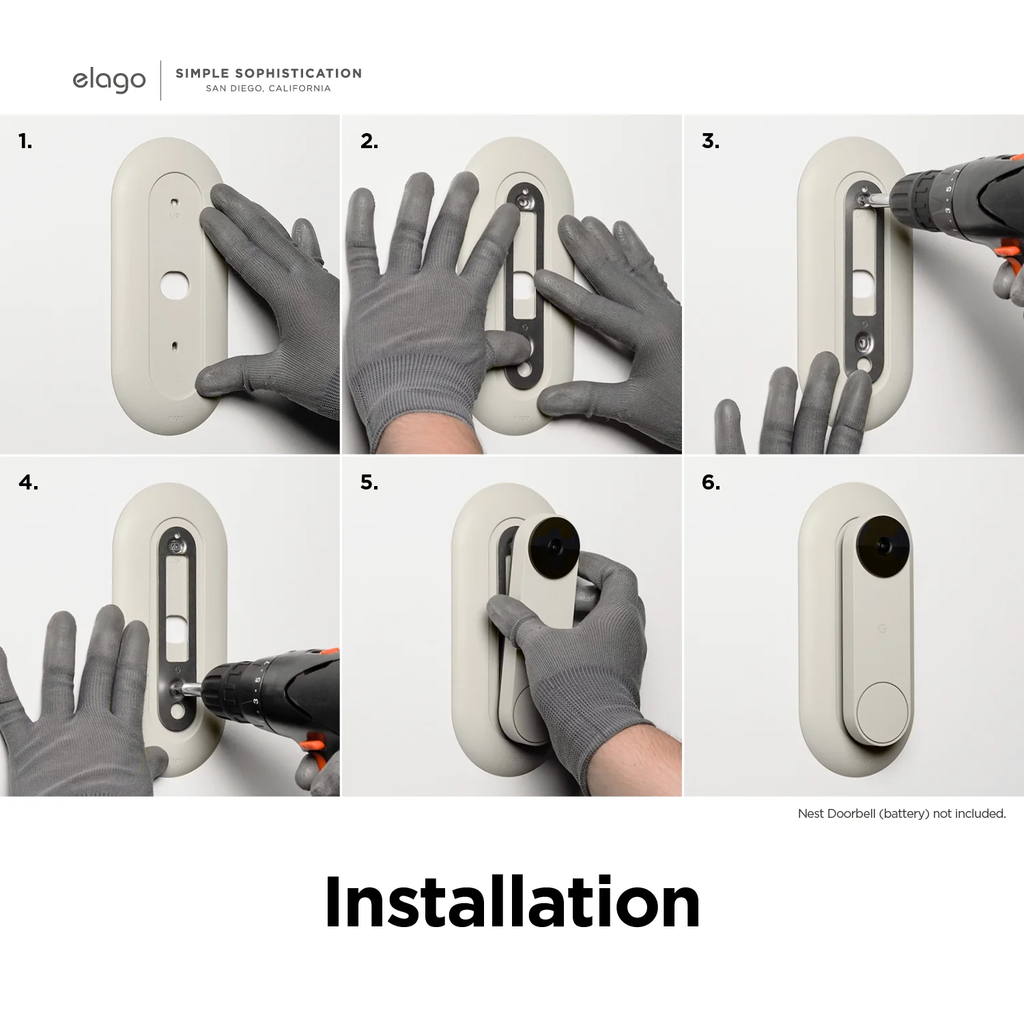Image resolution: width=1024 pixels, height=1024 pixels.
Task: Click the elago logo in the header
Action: [x=109, y=80]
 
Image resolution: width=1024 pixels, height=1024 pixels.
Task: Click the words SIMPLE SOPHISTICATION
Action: [x=268, y=73]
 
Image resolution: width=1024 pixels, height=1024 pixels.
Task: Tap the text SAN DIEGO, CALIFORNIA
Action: [x=268, y=89]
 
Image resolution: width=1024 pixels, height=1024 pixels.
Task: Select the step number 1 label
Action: [x=25, y=141]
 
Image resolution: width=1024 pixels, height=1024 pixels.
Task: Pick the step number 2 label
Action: [x=369, y=141]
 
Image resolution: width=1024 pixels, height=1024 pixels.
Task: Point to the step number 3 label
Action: [x=710, y=141]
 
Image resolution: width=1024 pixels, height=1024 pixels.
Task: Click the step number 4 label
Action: [x=28, y=483]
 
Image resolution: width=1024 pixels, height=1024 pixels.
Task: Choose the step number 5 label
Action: [x=369, y=483]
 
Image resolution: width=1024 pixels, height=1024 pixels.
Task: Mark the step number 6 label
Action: [x=710, y=483]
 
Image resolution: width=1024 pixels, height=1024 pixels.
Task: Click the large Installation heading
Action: [x=512, y=902]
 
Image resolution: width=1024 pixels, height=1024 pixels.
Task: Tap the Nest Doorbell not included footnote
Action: [x=901, y=814]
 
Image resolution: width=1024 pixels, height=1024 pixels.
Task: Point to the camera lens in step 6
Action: [x=883, y=546]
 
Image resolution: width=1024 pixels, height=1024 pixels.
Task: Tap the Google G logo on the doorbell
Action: [x=881, y=628]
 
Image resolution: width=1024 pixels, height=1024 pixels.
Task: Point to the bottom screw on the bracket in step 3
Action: [x=864, y=341]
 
